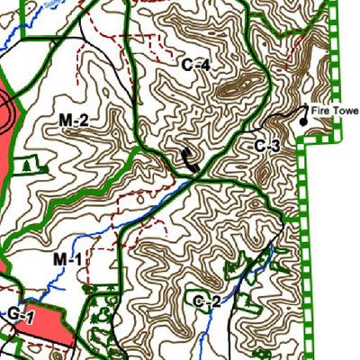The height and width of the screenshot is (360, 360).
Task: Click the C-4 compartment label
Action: pyautogui.click(x=195, y=65)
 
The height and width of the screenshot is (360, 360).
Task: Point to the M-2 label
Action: pyautogui.click(x=73, y=120)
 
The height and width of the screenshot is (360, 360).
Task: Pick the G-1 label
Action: pyautogui.click(x=22, y=316)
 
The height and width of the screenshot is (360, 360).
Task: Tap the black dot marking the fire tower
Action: pyautogui.click(x=303, y=121)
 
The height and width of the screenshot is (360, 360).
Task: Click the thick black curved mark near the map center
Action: pyautogui.click(x=188, y=160)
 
